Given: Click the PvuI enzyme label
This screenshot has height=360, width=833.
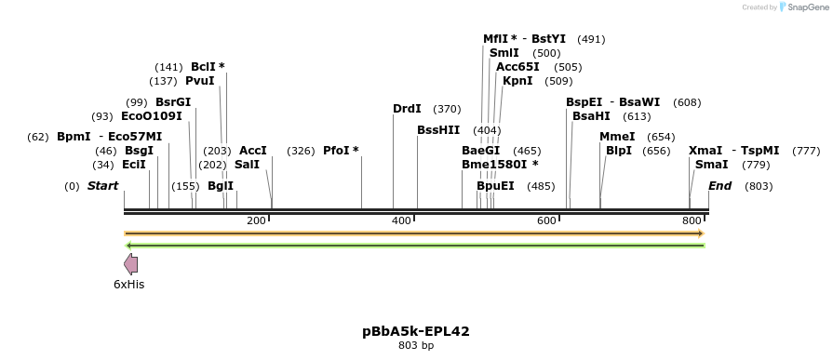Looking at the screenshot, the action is [199, 81].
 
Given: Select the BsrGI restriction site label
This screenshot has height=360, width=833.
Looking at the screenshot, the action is [173, 101].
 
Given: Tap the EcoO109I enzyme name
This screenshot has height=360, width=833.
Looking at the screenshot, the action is [152, 116].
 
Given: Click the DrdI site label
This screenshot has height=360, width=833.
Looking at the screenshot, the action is [407, 109].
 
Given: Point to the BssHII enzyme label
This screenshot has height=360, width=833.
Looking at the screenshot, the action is [438, 130].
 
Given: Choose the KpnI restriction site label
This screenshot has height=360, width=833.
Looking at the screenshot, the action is [517, 81].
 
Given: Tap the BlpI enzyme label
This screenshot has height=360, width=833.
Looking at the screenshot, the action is [619, 151].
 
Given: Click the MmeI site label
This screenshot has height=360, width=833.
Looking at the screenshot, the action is [617, 137].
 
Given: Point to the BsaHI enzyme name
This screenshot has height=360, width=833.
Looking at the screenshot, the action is [591, 116].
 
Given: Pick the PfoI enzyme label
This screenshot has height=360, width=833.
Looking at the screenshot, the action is [341, 151].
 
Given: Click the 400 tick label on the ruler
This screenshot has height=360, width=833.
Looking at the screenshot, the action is [401, 220].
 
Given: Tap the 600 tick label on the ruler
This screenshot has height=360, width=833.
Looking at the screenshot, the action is [546, 220].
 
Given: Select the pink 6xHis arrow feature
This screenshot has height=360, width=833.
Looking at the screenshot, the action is [131, 264].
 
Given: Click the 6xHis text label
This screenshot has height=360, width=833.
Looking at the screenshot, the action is [129, 285].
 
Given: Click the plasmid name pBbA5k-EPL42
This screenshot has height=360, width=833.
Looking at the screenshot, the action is [416, 330].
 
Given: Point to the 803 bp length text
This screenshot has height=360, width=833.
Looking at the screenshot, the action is [416, 345].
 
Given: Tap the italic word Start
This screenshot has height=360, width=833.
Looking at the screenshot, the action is [102, 186].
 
